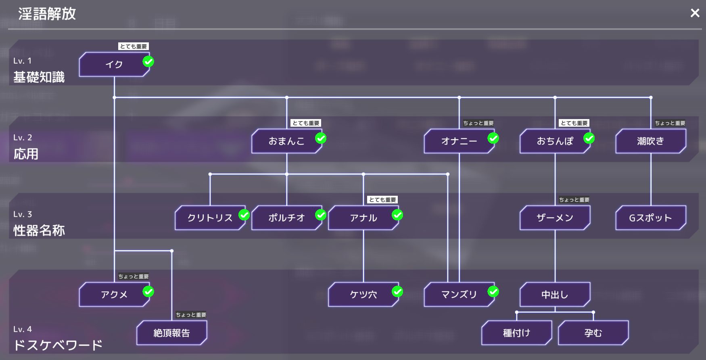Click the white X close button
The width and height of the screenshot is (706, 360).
point(695,13)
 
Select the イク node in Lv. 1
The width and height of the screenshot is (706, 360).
point(114,65)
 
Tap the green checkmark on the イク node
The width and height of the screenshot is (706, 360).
point(148,61)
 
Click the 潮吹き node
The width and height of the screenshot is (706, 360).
point(650,141)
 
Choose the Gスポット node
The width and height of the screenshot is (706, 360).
point(650,218)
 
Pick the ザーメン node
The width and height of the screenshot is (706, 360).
point(555,218)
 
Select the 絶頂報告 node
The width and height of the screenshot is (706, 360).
point(171,333)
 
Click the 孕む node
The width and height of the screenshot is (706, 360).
point(593,333)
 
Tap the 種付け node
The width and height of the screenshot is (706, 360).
point(516,333)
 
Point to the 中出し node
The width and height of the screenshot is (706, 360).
point(555,295)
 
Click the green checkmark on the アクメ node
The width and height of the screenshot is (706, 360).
point(148,291)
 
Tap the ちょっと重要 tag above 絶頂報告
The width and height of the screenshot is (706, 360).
point(191,315)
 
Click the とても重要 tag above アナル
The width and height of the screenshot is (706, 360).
point(382,200)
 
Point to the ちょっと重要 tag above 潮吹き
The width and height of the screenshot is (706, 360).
point(670,123)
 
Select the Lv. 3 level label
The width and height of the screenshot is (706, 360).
point(23,214)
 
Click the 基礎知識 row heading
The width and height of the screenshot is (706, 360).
point(39,77)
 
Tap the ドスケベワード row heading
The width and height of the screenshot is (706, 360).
point(58,345)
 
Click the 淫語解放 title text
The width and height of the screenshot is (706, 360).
point(47,14)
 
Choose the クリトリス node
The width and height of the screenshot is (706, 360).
point(210,218)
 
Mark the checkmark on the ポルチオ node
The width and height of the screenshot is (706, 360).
point(321,215)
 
